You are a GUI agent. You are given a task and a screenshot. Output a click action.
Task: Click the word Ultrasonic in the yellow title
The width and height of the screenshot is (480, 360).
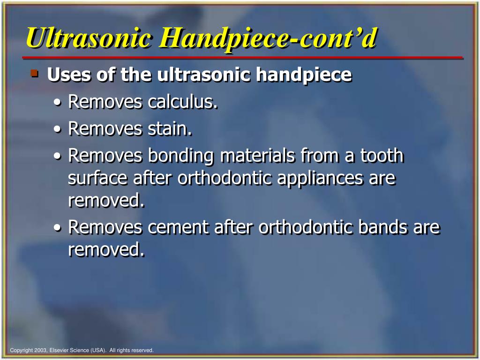pyautogui.click(x=89, y=38)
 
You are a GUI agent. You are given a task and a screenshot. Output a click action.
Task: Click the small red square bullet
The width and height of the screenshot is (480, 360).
pyautogui.click(x=34, y=73)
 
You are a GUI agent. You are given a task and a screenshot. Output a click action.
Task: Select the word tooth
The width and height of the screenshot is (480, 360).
pyautogui.click(x=381, y=156)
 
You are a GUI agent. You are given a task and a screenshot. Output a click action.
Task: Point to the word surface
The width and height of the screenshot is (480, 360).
pyautogui.click(x=97, y=179)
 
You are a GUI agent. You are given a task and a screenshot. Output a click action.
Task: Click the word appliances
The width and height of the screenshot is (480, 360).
pyautogui.click(x=318, y=179)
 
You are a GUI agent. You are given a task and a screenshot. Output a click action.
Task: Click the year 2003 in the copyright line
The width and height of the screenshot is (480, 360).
pyautogui.click(x=42, y=350)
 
